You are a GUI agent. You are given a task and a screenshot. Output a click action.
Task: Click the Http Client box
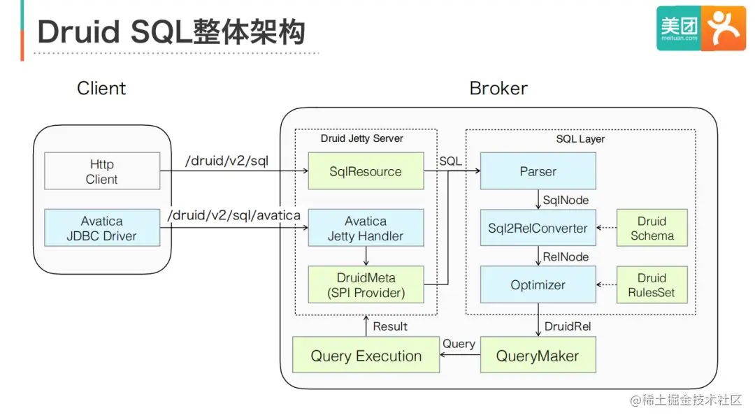click(x=102, y=171)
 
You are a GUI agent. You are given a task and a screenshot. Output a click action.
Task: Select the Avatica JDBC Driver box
click(x=102, y=228)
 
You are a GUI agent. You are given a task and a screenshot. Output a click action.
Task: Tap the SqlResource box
click(x=366, y=171)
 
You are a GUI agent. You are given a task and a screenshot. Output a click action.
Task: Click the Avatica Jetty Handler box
click(x=366, y=228)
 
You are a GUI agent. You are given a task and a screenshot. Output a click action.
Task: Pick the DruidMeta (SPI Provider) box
click(x=366, y=284)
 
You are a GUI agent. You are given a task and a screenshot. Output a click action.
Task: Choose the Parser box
click(x=538, y=171)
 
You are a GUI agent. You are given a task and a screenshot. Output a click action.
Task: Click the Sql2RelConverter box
click(x=538, y=228)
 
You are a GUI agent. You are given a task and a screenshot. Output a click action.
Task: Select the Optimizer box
click(x=538, y=284)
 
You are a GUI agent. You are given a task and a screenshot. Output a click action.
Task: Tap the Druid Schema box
click(x=652, y=228)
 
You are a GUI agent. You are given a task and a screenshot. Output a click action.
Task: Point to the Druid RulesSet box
click(x=652, y=284)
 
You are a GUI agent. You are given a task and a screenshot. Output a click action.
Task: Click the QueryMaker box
click(x=538, y=355)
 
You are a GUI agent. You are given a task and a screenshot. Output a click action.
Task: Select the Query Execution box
click(x=366, y=355)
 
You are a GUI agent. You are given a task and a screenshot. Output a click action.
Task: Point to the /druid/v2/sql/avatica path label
click(x=234, y=215)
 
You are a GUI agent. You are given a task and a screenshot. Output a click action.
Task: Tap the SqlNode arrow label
click(x=566, y=200)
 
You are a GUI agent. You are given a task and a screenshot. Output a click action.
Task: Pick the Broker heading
click(x=498, y=89)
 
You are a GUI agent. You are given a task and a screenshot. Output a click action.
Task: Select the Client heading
click(x=102, y=89)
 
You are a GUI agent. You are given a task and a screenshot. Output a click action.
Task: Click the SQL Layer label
click(x=580, y=139)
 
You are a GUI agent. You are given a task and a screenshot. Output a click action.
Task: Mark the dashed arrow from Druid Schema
click(x=607, y=228)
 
